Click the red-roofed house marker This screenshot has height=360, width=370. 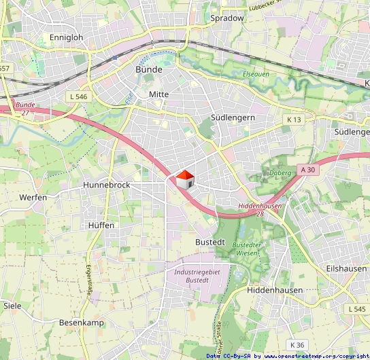(185, 181)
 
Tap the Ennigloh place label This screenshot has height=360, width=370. (66, 37)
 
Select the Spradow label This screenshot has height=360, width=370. (227, 18)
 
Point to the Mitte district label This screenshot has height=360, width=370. (158, 94)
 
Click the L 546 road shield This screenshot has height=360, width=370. (79, 97)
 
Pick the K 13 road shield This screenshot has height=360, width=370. (294, 120)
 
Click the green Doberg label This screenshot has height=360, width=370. (280, 173)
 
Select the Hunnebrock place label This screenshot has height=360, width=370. (106, 185)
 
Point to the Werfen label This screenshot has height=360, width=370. (33, 197)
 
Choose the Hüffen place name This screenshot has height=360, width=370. (101, 225)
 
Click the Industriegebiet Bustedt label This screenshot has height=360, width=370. (197, 276)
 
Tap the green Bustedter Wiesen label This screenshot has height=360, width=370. (246, 248)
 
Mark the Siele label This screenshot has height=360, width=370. (12, 306)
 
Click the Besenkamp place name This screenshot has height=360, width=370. (82, 322)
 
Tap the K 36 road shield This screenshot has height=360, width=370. (296, 344)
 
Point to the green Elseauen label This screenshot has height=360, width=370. (255, 73)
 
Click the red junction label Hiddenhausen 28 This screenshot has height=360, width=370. (260, 209)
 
